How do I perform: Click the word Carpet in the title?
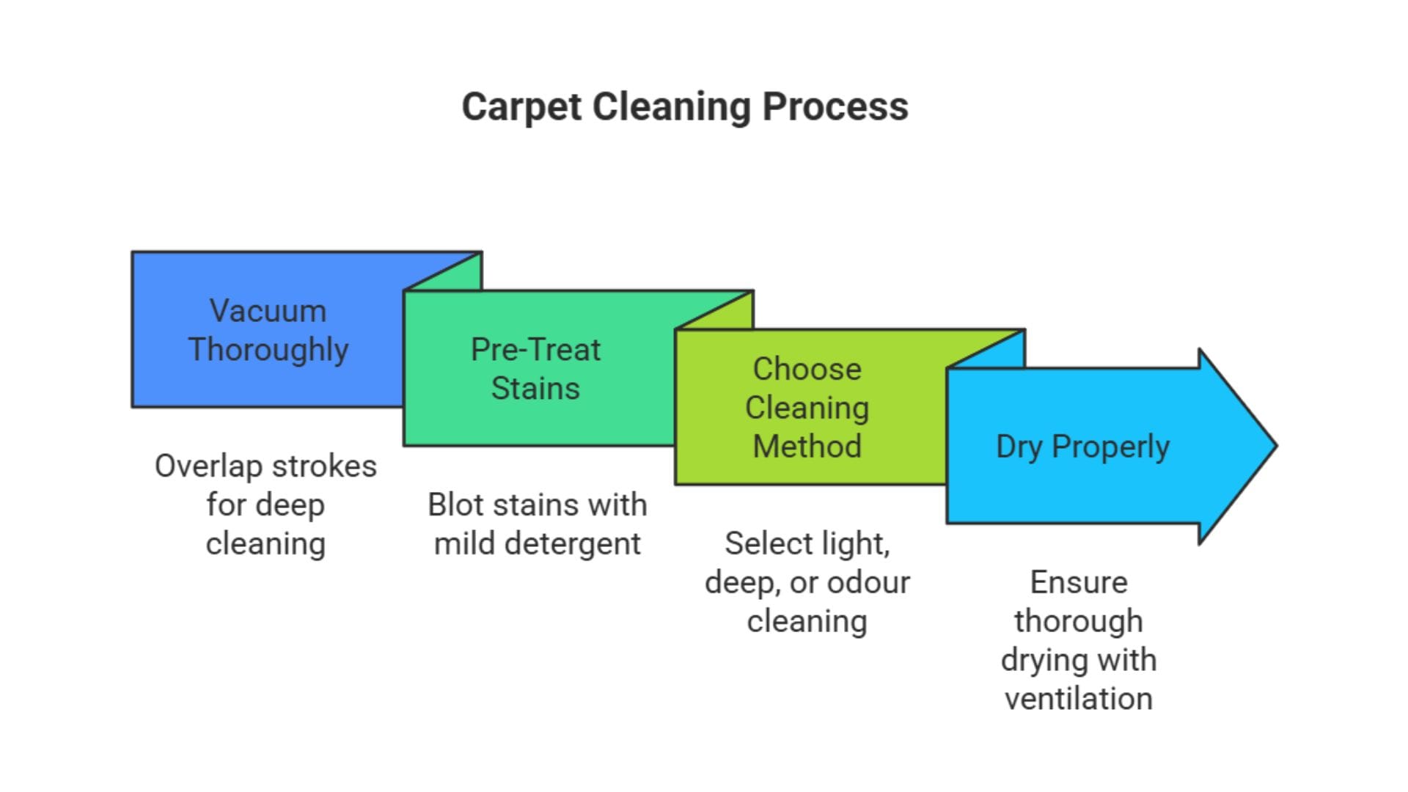pyautogui.click(x=521, y=107)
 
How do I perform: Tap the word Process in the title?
pyautogui.click(x=835, y=107)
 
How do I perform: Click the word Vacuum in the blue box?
pyautogui.click(x=268, y=311)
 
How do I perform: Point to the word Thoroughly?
pyautogui.click(x=268, y=350)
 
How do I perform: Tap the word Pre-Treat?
pyautogui.click(x=535, y=350)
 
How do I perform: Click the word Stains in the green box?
pyautogui.click(x=535, y=389)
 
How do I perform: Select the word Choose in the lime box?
pyautogui.click(x=807, y=369)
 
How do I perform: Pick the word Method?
pyautogui.click(x=807, y=447)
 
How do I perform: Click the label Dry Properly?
pyautogui.click(x=1082, y=447)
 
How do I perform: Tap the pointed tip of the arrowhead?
pyautogui.click(x=1275, y=445)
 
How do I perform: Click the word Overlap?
pyautogui.click(x=208, y=466)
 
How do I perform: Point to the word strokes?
pyautogui.click(x=324, y=466)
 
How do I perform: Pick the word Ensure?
pyautogui.click(x=1079, y=583)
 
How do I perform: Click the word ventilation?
pyautogui.click(x=1079, y=699)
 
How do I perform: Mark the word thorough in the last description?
pyautogui.click(x=1079, y=622)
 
